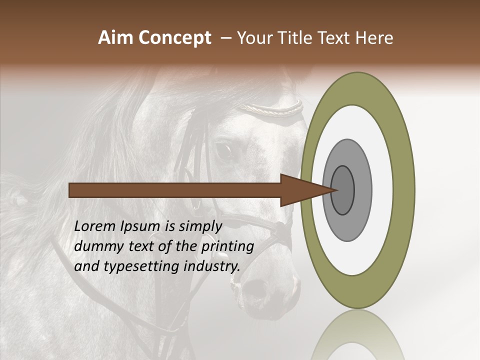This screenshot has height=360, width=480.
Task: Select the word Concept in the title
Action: [x=175, y=38]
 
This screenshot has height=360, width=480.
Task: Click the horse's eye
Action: [x=223, y=150]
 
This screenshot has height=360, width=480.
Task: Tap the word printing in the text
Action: [x=227, y=247]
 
